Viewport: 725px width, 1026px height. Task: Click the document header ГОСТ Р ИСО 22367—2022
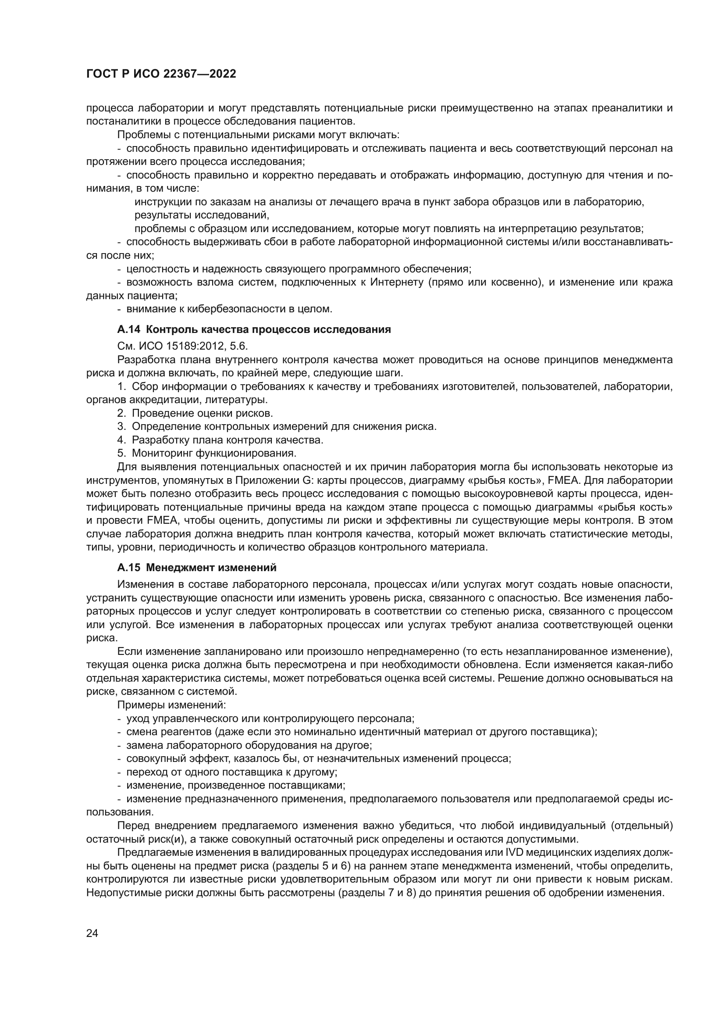pyautogui.click(x=161, y=74)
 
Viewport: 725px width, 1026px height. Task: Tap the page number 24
pyautogui.click(x=92, y=921)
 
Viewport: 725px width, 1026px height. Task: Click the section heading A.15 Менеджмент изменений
pyautogui.click(x=196, y=568)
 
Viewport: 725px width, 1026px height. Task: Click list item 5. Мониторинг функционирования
pyautogui.click(x=207, y=454)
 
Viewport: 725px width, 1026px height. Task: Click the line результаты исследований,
pyautogui.click(x=202, y=215)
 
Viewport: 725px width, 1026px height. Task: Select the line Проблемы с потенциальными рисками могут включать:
pyautogui.click(x=259, y=135)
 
